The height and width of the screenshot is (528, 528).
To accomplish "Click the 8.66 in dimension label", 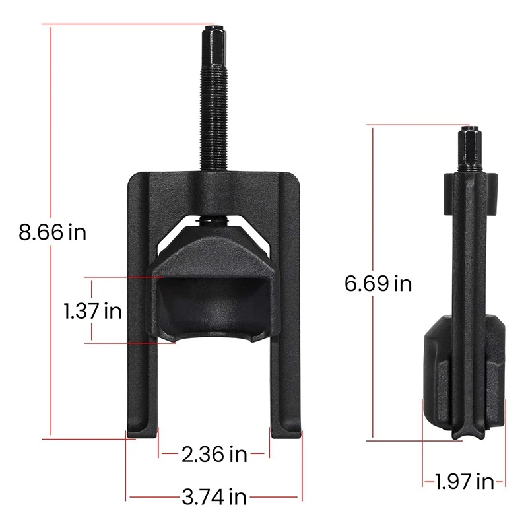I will pos(52,232).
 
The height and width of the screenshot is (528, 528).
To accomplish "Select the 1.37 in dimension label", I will pos(93,310).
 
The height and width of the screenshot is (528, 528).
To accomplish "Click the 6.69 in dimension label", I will pos(378,284).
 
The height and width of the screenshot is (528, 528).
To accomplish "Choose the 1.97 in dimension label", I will pos(464,482).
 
